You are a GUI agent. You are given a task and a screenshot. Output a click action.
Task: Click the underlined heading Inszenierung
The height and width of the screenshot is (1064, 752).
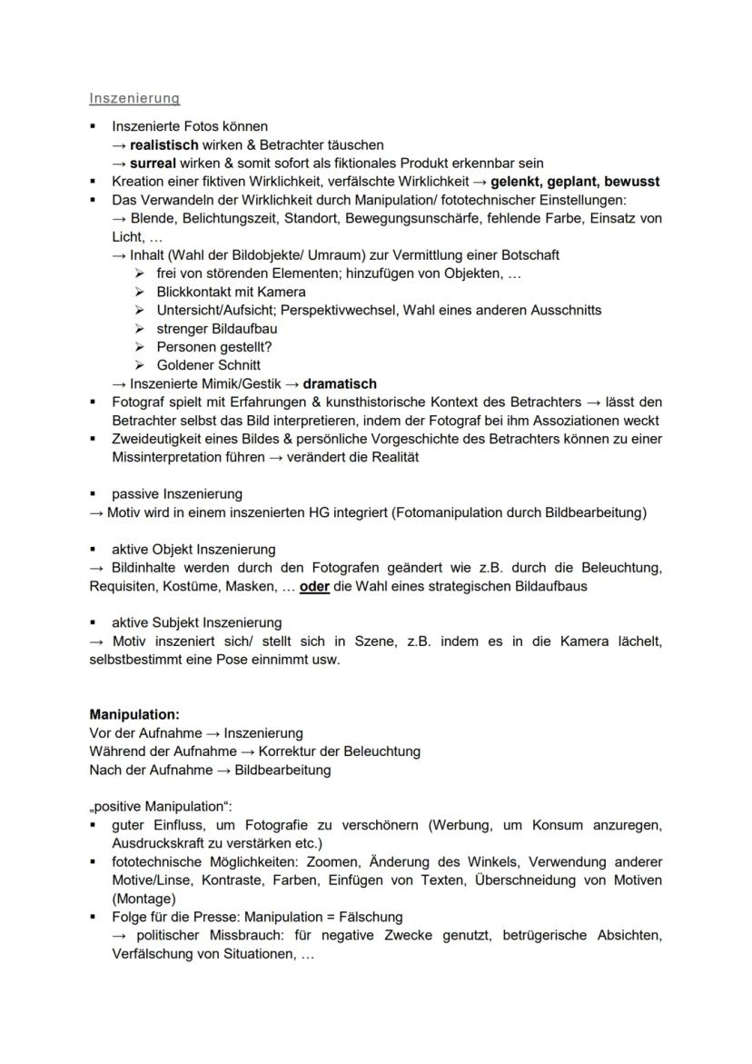point(134,98)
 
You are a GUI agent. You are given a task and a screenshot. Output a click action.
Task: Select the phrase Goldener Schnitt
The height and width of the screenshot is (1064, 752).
point(209,365)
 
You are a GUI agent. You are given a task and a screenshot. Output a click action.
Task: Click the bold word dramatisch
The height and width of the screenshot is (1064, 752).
point(340,383)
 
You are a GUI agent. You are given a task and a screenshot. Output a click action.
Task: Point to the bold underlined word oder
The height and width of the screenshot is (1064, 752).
point(314,586)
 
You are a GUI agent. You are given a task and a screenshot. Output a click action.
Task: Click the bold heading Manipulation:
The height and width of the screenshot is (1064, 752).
point(134,715)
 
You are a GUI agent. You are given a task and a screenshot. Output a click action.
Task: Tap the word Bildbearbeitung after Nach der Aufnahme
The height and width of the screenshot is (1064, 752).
point(282,770)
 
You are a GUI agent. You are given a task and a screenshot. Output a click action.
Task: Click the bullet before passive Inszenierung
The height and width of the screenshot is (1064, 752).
point(94,494)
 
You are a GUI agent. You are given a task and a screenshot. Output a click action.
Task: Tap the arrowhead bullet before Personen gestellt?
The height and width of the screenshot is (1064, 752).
point(139,347)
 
